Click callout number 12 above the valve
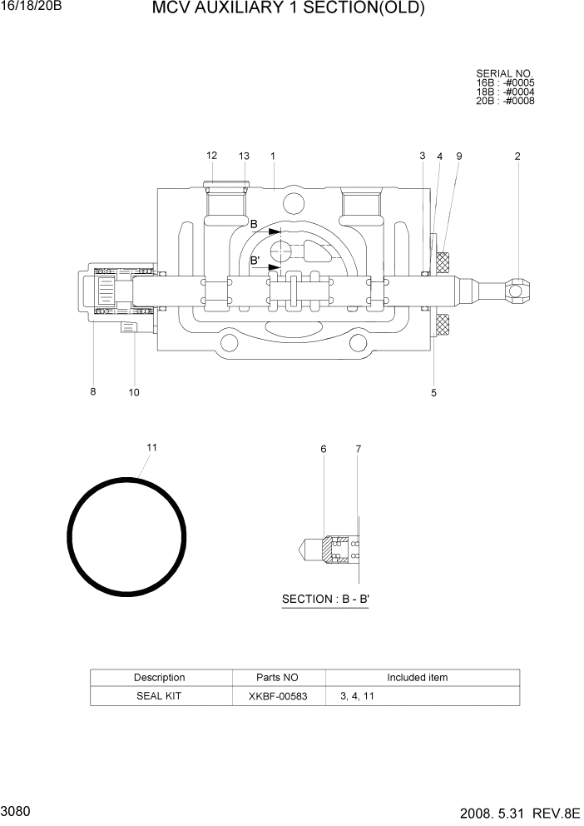click(211, 156)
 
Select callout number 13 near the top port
click(244, 156)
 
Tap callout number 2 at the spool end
click(517, 156)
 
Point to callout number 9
click(458, 156)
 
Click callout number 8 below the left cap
click(93, 392)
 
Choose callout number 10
click(134, 392)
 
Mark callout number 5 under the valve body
click(433, 392)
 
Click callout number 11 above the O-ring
click(151, 447)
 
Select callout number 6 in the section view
click(324, 450)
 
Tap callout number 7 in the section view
click(359, 450)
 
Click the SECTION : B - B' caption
click(325, 599)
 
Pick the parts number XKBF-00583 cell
click(277, 696)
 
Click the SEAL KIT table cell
click(159, 696)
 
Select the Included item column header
click(417, 678)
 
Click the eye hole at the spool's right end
click(517, 291)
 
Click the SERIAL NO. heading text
click(504, 74)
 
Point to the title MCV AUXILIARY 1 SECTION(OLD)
click(289, 9)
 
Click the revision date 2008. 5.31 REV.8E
click(516, 812)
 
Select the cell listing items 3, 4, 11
click(357, 696)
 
